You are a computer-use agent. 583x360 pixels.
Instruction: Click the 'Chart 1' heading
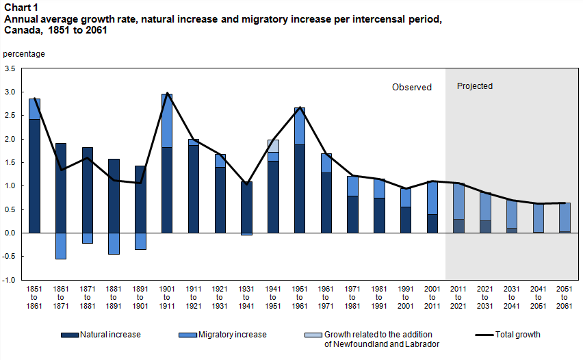point(21,8)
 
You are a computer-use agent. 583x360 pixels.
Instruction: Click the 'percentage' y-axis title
point(24,53)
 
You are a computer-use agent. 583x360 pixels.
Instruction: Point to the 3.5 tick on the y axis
point(10,68)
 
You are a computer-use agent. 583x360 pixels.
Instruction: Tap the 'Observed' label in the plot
point(411,87)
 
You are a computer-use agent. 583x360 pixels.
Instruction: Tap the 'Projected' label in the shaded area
point(474,86)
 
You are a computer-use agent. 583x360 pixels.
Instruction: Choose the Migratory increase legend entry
point(222,335)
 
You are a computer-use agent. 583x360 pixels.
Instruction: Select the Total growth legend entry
point(507,335)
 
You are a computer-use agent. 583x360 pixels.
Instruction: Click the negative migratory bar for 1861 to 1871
point(61,246)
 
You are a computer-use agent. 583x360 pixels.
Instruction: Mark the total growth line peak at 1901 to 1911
point(167,93)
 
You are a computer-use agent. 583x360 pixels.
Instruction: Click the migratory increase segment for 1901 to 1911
point(167,120)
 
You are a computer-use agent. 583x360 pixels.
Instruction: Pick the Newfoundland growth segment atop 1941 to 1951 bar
point(273,146)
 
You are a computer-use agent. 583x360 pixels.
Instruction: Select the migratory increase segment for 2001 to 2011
point(432,198)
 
